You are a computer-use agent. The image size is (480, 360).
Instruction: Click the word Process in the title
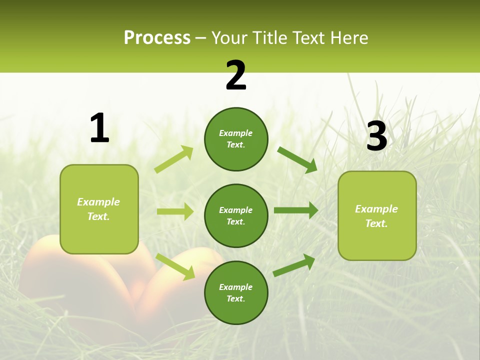point(157,38)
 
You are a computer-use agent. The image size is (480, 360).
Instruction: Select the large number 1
point(99,128)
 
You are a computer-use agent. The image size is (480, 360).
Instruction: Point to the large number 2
point(236,76)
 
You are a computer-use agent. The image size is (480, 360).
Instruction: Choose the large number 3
point(376,137)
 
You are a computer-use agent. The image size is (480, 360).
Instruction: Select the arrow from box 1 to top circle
point(173,159)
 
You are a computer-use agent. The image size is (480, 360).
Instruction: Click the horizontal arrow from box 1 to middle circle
point(175,211)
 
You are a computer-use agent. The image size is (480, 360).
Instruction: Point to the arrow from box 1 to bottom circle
point(175,266)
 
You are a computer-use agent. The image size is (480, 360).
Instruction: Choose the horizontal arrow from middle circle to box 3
point(296,210)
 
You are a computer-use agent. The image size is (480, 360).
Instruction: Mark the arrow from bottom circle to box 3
point(294,265)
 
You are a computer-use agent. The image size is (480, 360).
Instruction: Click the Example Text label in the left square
point(98,209)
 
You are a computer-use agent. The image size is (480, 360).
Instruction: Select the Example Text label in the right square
point(376,216)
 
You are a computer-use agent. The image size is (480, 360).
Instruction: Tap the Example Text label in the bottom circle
point(235,293)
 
